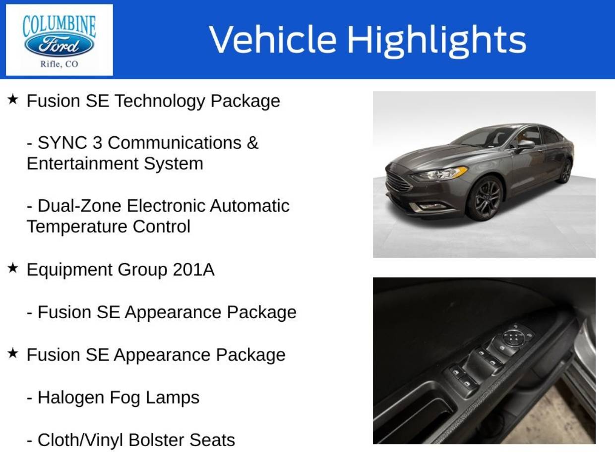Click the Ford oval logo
(x=59, y=45)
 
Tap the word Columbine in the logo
(x=59, y=26)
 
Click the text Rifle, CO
(x=59, y=64)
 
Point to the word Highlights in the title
(x=436, y=41)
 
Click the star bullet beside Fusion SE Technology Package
(x=12, y=99)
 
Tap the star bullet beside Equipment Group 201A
(x=12, y=268)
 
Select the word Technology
(x=160, y=101)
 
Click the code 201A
(x=193, y=270)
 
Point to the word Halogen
(x=71, y=398)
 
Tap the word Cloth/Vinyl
(x=80, y=440)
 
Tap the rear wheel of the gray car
(x=566, y=171)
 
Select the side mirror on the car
(x=525, y=145)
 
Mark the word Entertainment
(x=83, y=164)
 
